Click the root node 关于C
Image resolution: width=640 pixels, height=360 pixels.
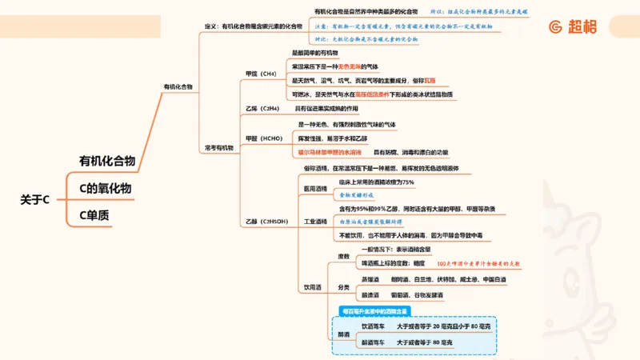click(34, 199)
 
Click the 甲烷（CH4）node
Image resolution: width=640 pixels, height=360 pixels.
click(261, 74)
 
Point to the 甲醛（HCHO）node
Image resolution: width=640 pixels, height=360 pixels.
click(262, 138)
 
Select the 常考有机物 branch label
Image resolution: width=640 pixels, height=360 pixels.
click(218, 147)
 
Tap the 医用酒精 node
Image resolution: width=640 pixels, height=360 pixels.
click(315, 188)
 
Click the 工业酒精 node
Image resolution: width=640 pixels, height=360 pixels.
click(315, 221)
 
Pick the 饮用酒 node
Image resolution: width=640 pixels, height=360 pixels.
click(312, 286)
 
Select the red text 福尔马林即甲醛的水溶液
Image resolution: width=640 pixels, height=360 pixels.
click(330, 151)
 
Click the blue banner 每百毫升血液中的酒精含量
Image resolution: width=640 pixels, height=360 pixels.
click(374, 310)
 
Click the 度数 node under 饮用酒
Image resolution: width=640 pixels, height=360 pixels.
click(344, 256)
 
